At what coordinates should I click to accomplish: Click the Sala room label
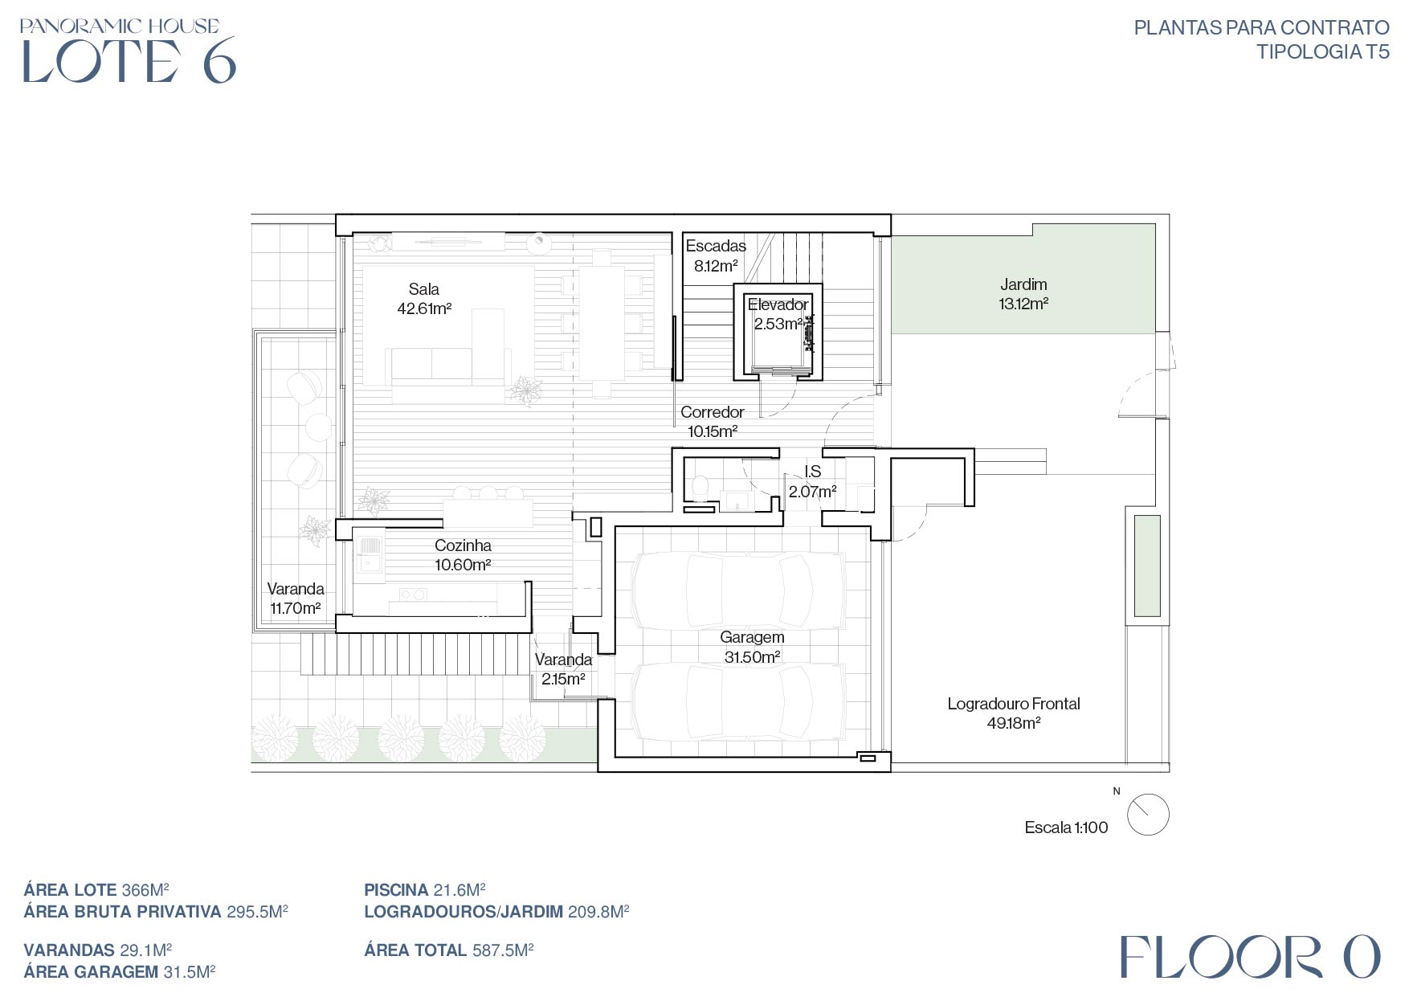point(424,299)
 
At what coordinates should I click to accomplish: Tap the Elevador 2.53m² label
point(778,314)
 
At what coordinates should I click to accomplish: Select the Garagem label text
point(752,647)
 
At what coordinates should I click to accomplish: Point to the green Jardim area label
point(1023,294)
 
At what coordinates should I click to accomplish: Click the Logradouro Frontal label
point(1014,713)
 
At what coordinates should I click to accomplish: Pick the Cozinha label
point(463,555)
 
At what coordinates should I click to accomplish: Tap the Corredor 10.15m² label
point(713,422)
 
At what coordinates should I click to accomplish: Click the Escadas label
point(716,255)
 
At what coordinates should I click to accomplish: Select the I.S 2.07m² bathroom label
point(812,481)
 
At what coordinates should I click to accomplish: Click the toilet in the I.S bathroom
point(700,486)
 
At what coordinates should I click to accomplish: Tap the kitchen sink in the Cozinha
point(370,554)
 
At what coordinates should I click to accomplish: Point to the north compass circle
point(1148,814)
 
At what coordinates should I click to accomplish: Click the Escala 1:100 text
point(1066,827)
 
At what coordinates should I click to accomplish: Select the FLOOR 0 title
point(1250,957)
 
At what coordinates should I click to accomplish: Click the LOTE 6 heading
point(129,60)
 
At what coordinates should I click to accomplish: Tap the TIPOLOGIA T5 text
point(1322,51)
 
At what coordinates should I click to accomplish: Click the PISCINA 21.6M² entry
point(425,889)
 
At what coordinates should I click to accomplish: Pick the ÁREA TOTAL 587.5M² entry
point(449,950)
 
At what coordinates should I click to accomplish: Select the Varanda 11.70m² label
point(296,599)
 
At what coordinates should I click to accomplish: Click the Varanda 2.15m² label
point(563,669)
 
